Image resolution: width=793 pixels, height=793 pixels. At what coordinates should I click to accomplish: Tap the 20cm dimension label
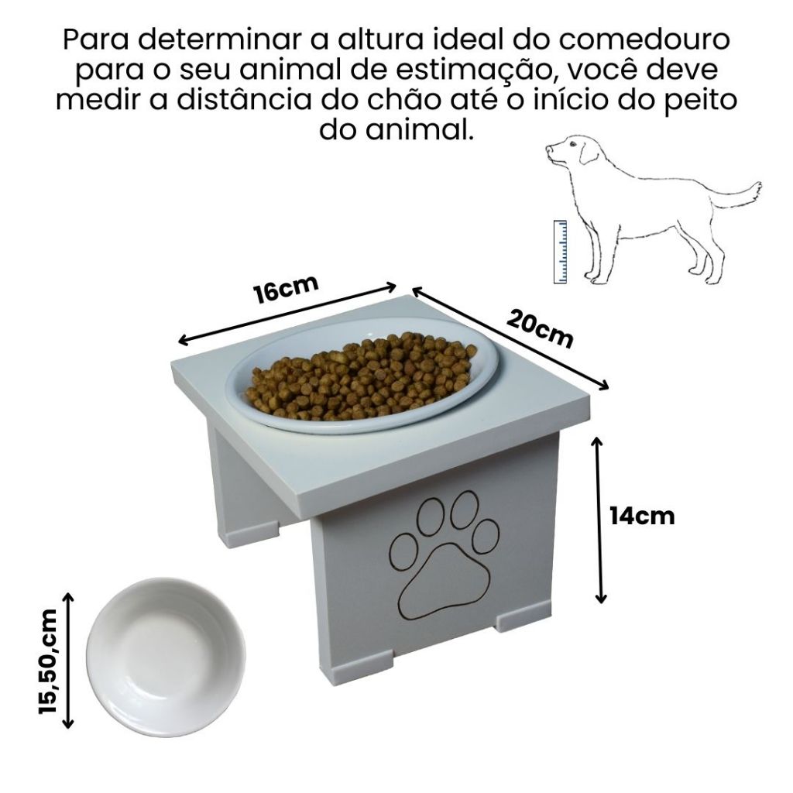coord(540,329)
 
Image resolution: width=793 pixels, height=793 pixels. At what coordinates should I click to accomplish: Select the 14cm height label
coord(642,517)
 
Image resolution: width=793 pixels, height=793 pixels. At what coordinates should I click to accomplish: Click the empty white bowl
coord(166,657)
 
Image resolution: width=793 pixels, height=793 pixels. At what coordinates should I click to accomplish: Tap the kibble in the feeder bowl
coord(361,376)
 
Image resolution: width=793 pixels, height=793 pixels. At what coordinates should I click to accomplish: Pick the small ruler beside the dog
coord(560,252)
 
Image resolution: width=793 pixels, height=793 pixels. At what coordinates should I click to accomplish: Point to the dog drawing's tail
coord(737,194)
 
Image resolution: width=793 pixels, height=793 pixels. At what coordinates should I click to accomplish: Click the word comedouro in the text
coord(622,39)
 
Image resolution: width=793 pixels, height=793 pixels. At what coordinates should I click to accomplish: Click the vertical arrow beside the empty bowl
coord(68,661)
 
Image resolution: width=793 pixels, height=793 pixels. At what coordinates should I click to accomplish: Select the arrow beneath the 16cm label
coord(287,314)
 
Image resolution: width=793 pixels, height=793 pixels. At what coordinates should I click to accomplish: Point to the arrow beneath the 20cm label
coord(510,338)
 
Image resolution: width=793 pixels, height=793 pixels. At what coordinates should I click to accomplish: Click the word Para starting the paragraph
coord(96,39)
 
